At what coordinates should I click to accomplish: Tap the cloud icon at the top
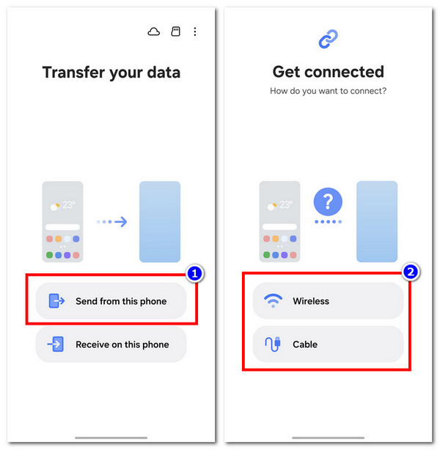154,32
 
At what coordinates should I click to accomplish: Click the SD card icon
176,32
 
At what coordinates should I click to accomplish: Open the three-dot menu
195,32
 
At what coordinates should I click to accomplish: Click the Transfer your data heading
111,73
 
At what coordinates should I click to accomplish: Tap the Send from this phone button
111,301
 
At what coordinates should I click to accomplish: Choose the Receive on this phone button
111,344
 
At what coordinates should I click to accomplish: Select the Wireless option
328,300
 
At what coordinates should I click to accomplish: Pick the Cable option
328,344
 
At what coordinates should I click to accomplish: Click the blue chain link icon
329,39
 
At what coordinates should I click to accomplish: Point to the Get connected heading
329,72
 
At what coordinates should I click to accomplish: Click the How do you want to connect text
329,92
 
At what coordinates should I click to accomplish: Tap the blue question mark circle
328,202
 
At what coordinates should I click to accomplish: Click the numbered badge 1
195,273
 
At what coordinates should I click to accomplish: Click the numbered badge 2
411,272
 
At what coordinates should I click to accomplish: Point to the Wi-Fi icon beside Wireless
273,300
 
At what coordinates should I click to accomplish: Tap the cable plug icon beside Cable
273,344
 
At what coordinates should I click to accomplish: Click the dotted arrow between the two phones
111,221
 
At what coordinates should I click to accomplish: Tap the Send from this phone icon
56,300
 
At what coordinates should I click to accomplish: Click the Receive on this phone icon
56,344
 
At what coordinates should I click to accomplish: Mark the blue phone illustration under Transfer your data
160,221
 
